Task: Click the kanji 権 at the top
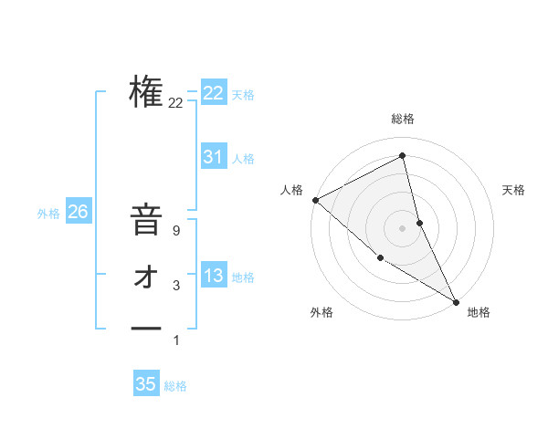coord(146,91)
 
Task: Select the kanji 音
coord(146,221)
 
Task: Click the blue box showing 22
coord(214,93)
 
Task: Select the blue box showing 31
coord(214,157)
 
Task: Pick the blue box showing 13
coord(214,276)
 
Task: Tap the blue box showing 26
coord(78,212)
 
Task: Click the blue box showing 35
coord(146,384)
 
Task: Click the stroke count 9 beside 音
coord(175,231)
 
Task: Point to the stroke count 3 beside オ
coord(175,286)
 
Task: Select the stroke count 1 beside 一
coord(175,340)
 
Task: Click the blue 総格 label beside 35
coord(175,386)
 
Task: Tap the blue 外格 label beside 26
coord(48,214)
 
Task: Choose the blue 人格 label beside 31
coord(243,159)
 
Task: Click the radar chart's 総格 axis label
coord(402,119)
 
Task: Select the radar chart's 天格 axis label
coord(513,190)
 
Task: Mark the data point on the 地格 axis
coord(456,301)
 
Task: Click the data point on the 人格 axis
coord(315,199)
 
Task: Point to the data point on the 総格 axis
coord(402,155)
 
